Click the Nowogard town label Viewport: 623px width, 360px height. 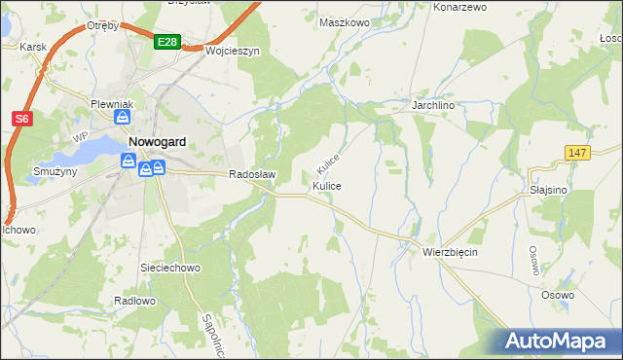[157, 141]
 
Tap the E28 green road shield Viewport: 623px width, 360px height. [165, 42]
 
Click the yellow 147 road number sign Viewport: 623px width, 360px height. [577, 152]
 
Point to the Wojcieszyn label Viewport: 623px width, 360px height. [232, 52]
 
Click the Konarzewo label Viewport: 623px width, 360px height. [459, 7]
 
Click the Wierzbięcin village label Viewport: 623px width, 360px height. [450, 250]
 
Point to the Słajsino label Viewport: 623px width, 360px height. [548, 190]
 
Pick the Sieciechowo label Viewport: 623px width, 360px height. [170, 266]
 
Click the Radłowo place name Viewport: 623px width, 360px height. [134, 301]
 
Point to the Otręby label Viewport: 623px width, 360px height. [102, 25]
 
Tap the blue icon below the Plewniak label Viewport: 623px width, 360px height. [123, 117]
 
